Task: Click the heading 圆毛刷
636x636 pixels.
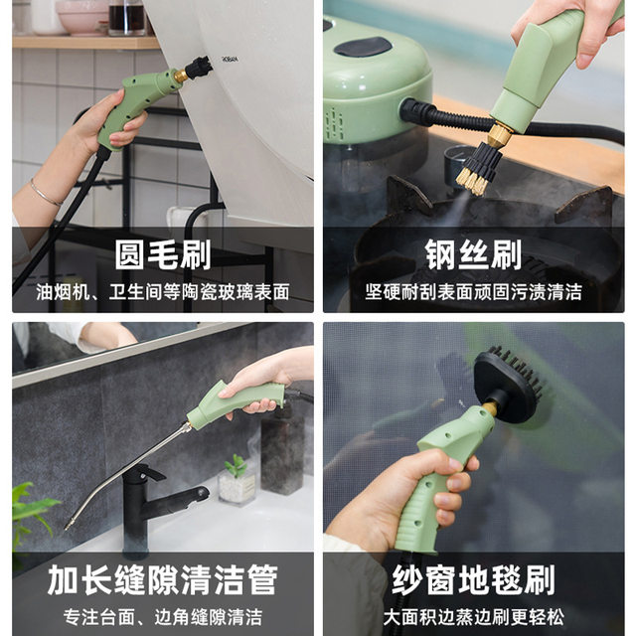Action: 162,254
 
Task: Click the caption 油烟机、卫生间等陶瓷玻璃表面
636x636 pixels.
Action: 162,292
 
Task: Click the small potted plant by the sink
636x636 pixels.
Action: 237,480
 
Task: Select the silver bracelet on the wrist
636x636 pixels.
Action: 45,192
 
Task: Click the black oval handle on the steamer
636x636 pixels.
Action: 363,46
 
